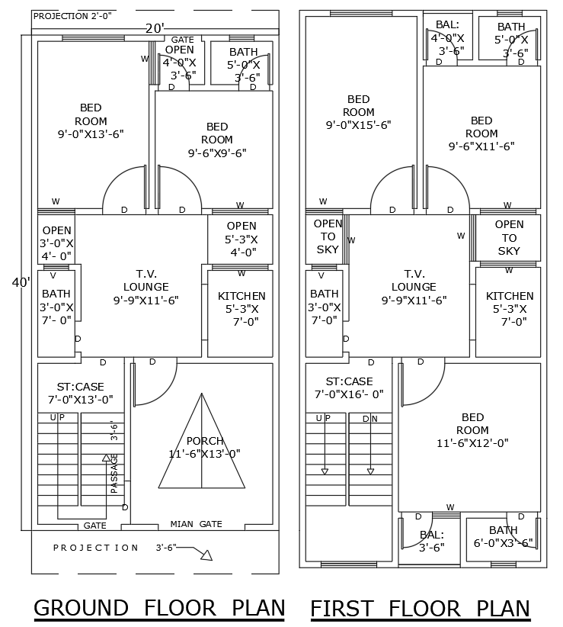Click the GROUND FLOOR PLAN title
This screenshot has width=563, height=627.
pos(158,608)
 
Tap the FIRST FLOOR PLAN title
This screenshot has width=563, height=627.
pos(420,608)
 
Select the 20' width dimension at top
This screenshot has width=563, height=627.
pos(155,28)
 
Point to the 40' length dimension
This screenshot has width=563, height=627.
pos(21,282)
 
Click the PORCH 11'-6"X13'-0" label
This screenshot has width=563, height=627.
pos(204,447)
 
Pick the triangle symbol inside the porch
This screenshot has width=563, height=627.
pos(202,442)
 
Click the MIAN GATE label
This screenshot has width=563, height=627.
pos(196,525)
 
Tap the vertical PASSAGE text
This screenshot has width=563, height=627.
pos(115,473)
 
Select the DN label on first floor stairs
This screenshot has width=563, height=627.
pos(369,418)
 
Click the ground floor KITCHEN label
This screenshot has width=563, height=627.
pos(242,308)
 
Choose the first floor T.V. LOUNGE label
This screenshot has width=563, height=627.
pos(414,286)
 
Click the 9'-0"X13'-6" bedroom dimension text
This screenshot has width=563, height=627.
pos(91,133)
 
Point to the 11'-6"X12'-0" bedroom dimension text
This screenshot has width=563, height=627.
pos(472,442)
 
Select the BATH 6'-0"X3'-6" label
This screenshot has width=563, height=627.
pos(503,536)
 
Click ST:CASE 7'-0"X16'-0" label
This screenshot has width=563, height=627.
pos(349,387)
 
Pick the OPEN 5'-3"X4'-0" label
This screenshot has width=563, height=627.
pos(242,239)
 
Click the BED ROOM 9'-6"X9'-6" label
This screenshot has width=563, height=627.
pos(217,140)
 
